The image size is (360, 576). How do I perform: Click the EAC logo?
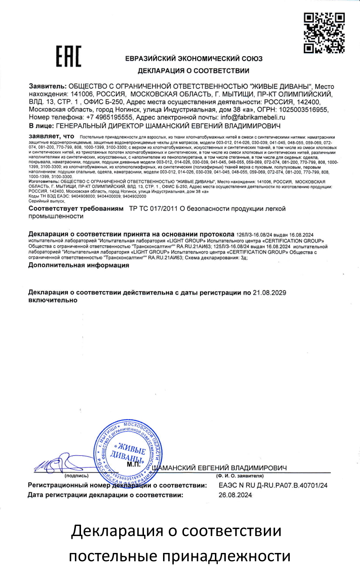pos(68,56)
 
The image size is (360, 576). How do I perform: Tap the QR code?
pos(324,33)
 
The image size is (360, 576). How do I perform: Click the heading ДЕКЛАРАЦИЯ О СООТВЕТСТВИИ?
pos(193,71)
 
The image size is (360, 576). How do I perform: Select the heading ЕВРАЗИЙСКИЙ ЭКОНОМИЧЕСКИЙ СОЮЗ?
pos(194,59)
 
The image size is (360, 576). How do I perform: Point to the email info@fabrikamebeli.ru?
pos(253,117)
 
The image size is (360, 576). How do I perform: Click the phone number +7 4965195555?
pos(109,117)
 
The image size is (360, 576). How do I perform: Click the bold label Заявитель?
pos(48,87)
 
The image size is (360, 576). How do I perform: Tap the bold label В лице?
pos(41,126)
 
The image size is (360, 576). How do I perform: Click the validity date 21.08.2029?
pos(269,293)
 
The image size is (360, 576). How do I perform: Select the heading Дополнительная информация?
pos(78,265)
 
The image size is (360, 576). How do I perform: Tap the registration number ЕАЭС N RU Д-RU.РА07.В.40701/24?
pos(273,485)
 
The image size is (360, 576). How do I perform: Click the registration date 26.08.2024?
pos(235,495)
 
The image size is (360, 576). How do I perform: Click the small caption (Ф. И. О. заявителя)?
pos(240,476)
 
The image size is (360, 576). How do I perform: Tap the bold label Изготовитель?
pos(44,182)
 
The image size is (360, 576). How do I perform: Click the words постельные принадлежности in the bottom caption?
pos(179,556)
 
